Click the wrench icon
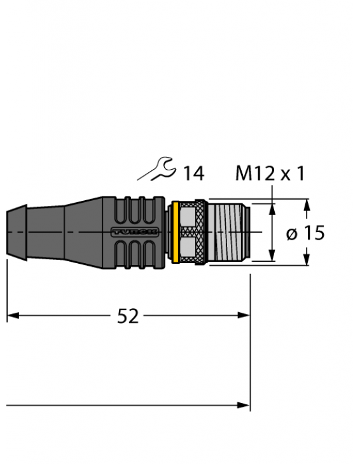pyautogui.click(x=156, y=170)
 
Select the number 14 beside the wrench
pyautogui.click(x=193, y=173)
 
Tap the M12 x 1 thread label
pyautogui.click(x=270, y=173)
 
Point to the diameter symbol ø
pyautogui.click(x=292, y=233)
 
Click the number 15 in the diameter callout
pyautogui.click(x=313, y=233)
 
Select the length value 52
pyautogui.click(x=128, y=316)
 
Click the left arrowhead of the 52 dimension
pyautogui.click(x=12, y=315)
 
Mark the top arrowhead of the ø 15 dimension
pyautogui.click(x=307, y=205)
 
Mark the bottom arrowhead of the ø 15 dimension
pyautogui.click(x=307, y=260)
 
